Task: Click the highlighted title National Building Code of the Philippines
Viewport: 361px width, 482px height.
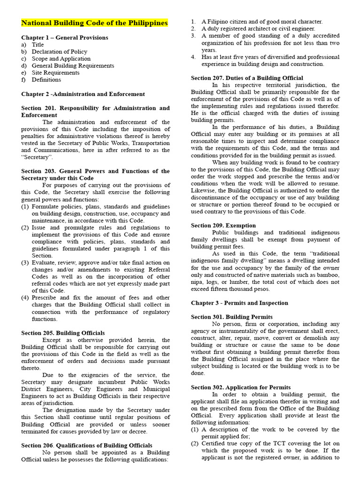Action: [94, 23]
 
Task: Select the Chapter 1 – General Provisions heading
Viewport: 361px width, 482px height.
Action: [64, 38]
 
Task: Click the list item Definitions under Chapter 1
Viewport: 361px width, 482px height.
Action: [46, 80]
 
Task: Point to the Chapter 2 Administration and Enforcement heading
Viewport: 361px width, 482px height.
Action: [83, 94]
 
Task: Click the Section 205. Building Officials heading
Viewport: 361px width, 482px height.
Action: [63, 333]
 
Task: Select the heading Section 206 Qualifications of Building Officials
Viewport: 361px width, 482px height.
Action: [86, 445]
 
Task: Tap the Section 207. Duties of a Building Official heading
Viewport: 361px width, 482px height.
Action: [247, 78]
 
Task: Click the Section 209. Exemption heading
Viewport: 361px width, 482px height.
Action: [223, 225]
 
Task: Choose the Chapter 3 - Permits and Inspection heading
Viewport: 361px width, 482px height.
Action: [239, 303]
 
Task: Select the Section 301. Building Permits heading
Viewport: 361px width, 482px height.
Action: [232, 317]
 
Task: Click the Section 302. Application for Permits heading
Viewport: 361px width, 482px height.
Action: [241, 387]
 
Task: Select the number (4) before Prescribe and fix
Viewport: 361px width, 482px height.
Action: [25, 298]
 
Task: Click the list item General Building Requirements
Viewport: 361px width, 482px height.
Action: [73, 66]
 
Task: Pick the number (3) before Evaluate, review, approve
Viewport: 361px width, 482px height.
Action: [25, 263]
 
